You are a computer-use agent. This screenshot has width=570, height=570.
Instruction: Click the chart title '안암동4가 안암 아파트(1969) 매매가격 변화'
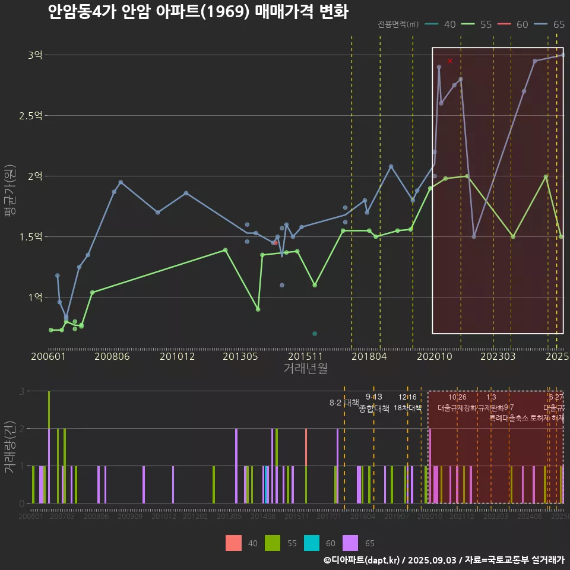[198, 12]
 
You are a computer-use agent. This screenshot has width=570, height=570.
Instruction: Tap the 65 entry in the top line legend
[550, 24]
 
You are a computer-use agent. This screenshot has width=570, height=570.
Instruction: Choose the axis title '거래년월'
[305, 368]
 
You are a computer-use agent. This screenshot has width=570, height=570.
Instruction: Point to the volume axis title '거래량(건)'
[9, 447]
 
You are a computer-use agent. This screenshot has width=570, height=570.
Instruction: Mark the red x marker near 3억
[450, 61]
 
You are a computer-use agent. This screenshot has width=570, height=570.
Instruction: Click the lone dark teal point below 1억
[315, 334]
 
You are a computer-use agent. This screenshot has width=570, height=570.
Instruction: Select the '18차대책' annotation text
[407, 408]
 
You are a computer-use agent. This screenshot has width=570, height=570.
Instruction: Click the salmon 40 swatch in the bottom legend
[233, 543]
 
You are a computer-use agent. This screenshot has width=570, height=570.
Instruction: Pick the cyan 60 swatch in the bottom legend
[311, 543]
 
